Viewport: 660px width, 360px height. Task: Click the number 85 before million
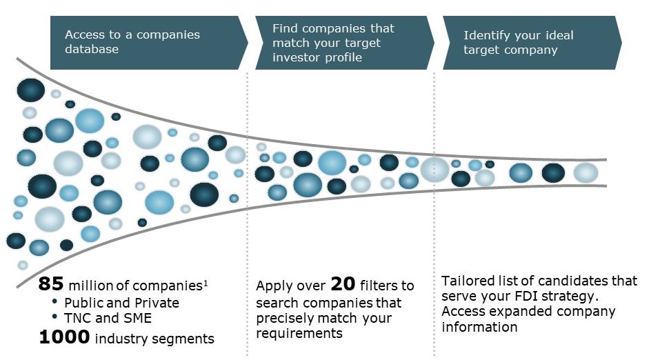coord(51,284)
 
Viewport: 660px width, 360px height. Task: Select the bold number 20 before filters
coord(342,284)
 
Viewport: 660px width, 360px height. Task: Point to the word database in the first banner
coord(92,49)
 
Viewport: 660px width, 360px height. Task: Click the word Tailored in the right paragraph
coord(467,281)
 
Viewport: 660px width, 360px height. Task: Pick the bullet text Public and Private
coord(121,303)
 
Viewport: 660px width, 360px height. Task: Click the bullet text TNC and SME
coord(108,319)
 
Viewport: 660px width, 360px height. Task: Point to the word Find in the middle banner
coord(284,28)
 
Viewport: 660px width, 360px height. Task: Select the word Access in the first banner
coord(84,34)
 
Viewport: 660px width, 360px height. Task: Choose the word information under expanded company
coord(479,326)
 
